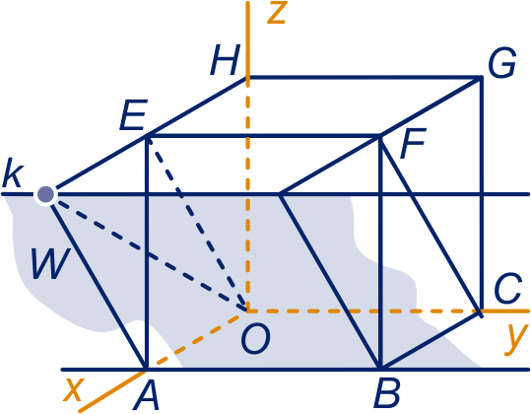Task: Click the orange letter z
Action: tap(278, 14)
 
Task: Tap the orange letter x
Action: tap(73, 389)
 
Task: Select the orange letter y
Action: tap(516, 339)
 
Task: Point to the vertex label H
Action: tap(226, 60)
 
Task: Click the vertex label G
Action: tap(502, 63)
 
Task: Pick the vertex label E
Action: tap(133, 115)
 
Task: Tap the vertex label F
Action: tap(412, 143)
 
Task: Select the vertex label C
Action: tap(507, 289)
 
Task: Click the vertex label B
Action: tap(387, 393)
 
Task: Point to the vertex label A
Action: tap(147, 394)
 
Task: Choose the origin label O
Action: tap(256, 339)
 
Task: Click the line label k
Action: tap(13, 172)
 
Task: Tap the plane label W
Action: tap(51, 263)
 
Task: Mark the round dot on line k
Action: tap(45, 194)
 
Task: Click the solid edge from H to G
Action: tap(365, 78)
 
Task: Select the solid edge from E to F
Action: tap(264, 136)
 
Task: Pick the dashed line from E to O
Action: tap(197, 223)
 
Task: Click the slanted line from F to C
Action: tap(431, 226)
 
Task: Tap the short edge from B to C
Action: tap(431, 340)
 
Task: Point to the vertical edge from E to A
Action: tap(146, 252)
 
